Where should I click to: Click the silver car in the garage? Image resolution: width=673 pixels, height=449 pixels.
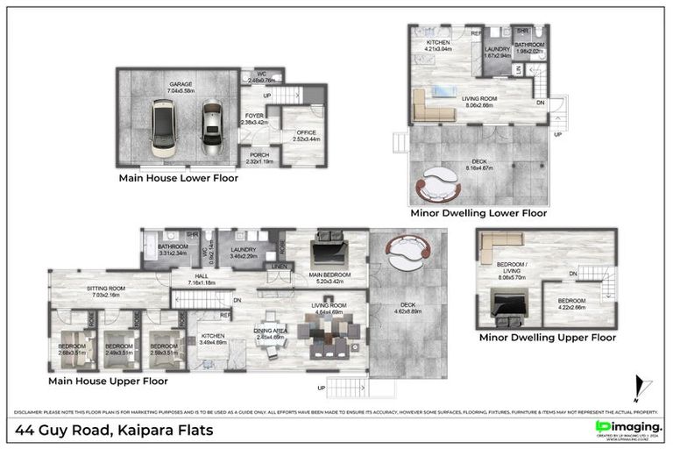pyautogui.click(x=210, y=125)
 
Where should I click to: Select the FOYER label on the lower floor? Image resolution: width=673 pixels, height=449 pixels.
pyautogui.click(x=254, y=115)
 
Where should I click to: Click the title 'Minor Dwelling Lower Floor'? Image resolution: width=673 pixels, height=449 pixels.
pyautogui.click(x=478, y=213)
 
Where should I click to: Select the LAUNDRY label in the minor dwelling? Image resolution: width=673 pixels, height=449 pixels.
pyautogui.click(x=498, y=50)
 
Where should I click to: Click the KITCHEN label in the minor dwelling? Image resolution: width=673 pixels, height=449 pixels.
pyautogui.click(x=437, y=43)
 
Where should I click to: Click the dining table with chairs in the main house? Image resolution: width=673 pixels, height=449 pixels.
pyautogui.click(x=329, y=337)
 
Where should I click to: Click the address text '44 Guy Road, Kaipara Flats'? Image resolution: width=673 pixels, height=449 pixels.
pyautogui.click(x=114, y=430)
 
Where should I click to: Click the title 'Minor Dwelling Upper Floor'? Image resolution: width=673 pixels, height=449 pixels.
pyautogui.click(x=547, y=337)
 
